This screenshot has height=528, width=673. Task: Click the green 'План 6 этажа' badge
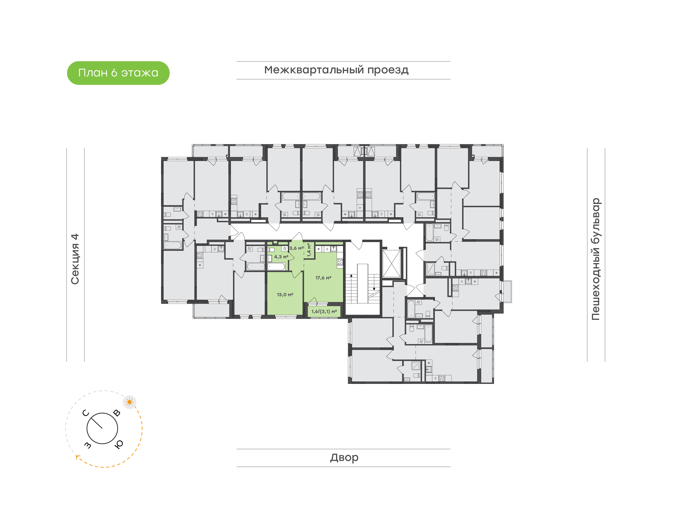(118, 73)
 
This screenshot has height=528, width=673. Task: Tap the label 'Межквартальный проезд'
(336, 70)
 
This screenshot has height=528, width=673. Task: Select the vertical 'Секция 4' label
(75, 259)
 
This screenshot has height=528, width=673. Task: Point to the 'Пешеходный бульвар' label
(595, 259)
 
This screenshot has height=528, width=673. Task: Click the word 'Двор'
(344, 457)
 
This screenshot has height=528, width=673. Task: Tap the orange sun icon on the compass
(129, 402)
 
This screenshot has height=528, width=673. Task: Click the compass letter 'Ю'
(119, 444)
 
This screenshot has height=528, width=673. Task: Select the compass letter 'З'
(88, 445)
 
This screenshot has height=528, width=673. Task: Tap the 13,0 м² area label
(285, 295)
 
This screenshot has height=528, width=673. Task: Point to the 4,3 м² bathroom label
(281, 257)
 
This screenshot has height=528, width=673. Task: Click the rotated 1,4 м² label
(309, 250)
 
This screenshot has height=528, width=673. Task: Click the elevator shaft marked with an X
(391, 264)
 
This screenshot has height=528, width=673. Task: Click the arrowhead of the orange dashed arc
(77, 457)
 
